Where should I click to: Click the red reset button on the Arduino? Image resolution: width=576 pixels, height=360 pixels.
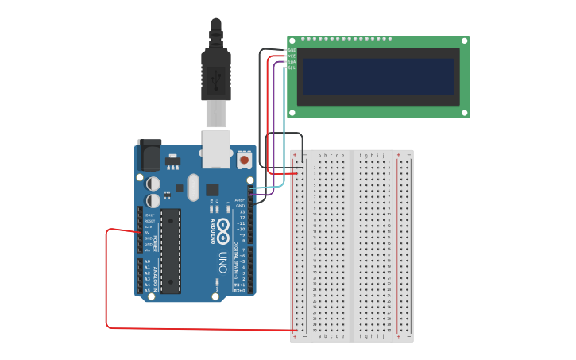point(244,160)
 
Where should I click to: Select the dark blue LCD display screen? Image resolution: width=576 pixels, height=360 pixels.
point(377,76)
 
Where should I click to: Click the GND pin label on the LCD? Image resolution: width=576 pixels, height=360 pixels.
point(292,50)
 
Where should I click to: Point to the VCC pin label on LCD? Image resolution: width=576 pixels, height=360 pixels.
point(292,56)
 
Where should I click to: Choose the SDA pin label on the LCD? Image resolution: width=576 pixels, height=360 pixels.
point(292,62)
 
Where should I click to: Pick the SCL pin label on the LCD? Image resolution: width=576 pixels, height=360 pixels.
point(292,68)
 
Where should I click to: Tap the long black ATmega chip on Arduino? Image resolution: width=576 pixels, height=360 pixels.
point(171,250)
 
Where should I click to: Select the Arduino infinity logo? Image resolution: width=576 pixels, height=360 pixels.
point(223,231)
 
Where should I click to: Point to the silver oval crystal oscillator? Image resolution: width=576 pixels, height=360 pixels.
point(193,188)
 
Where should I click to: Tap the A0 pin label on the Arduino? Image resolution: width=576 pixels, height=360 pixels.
point(146,261)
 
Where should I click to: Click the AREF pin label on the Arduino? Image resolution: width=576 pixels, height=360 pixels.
point(240,200)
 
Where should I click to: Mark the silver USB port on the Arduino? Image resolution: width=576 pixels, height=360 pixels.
point(216,149)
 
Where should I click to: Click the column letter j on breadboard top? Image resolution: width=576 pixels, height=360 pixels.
point(384,156)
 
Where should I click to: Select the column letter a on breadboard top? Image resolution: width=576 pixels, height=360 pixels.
point(319,156)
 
